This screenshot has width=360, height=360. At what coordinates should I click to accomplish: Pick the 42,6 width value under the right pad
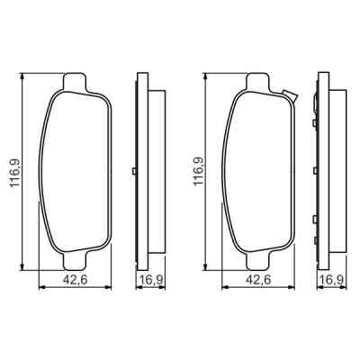[259, 280]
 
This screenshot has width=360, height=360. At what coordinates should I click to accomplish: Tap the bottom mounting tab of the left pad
[76, 257]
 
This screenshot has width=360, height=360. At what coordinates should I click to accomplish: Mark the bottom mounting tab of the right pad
[257, 257]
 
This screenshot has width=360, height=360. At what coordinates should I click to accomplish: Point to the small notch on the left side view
[134, 172]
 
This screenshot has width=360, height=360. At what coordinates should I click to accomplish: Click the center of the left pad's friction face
[76, 171]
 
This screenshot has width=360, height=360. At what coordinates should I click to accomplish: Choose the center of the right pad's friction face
[259, 171]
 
